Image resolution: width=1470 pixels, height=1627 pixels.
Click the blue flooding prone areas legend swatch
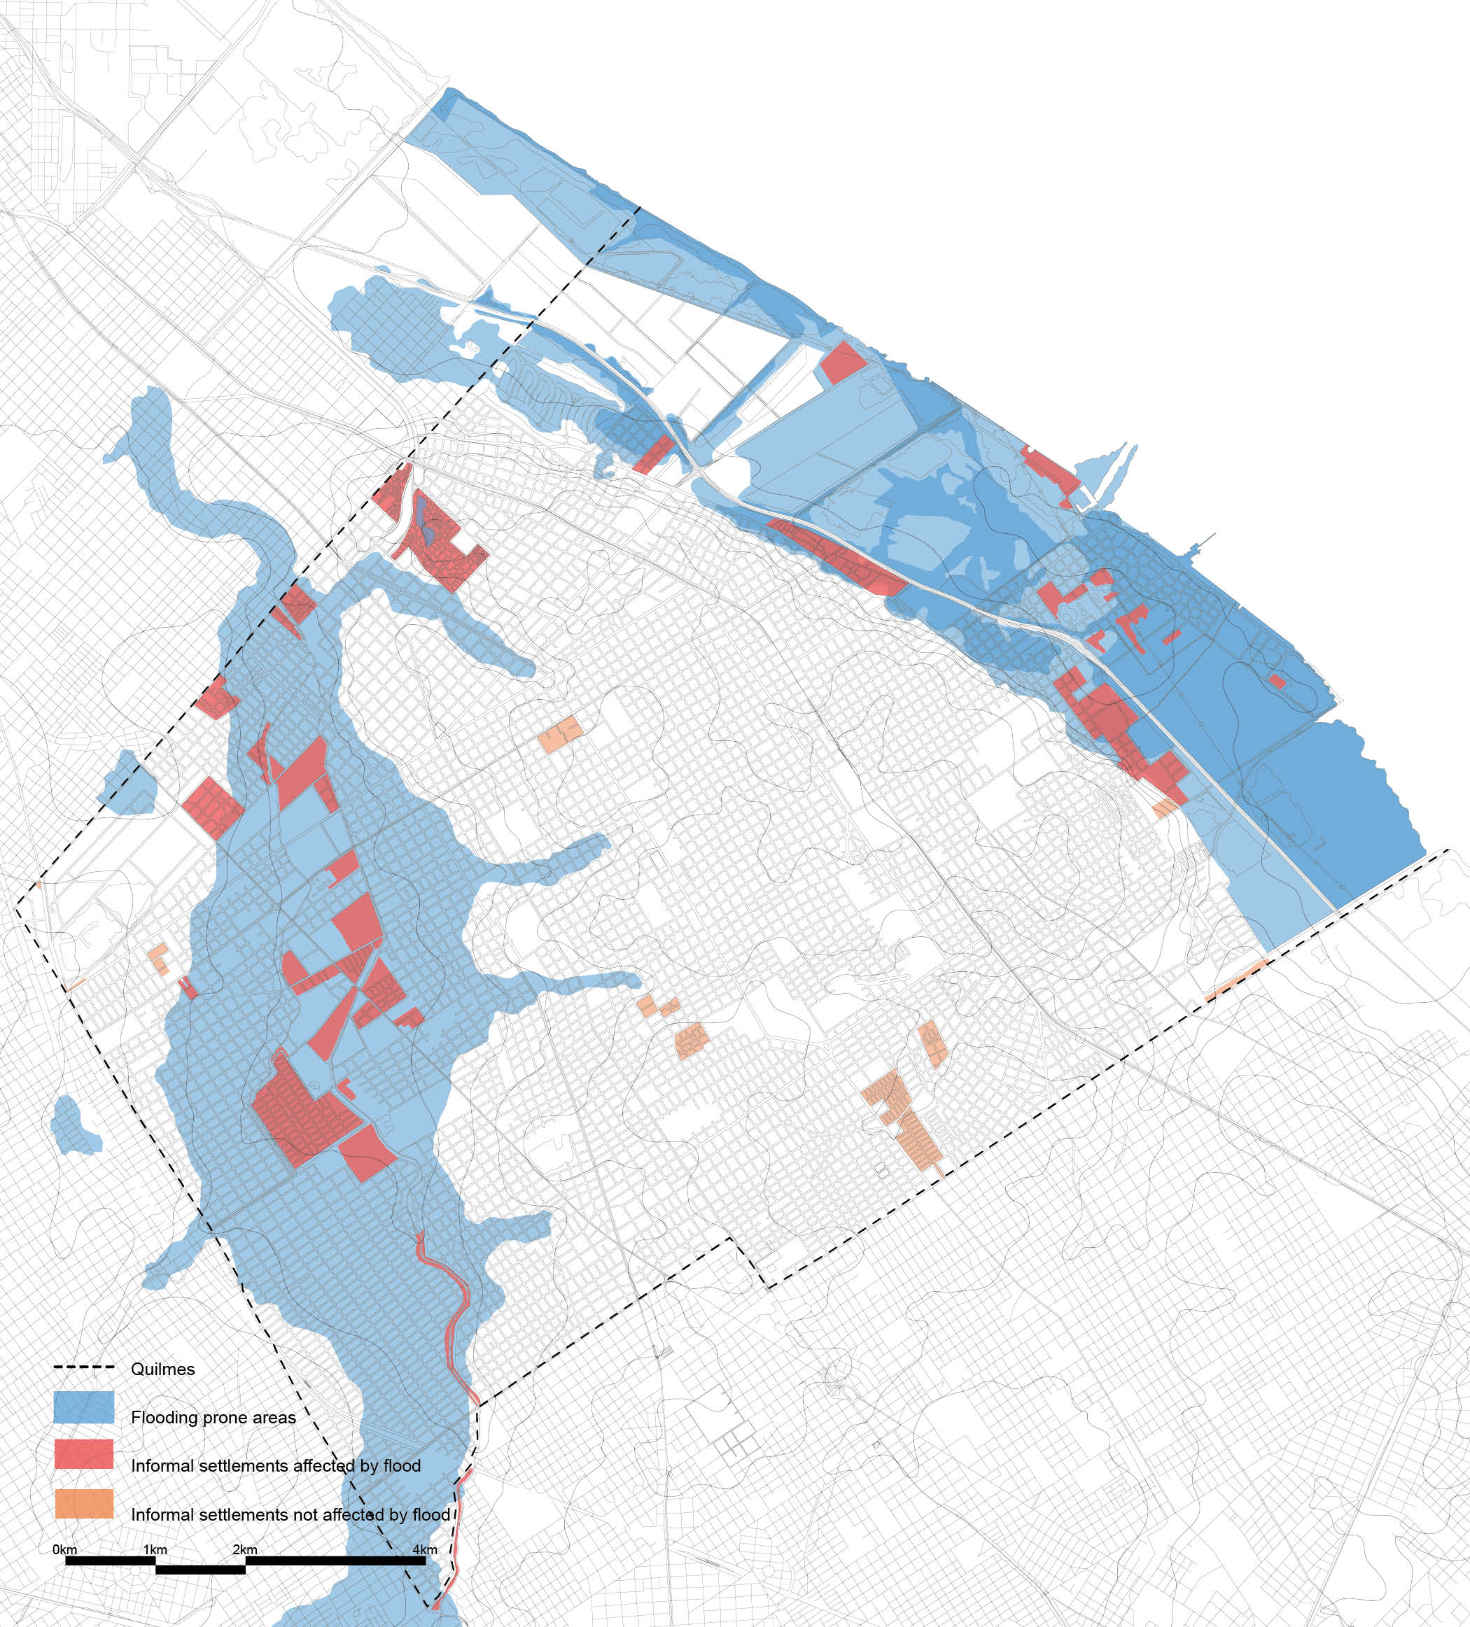(x=84, y=1407)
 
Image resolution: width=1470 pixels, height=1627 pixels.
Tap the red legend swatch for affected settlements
(x=84, y=1455)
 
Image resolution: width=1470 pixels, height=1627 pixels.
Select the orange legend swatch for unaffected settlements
(x=84, y=1505)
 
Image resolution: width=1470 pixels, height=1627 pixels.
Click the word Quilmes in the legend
(x=162, y=1369)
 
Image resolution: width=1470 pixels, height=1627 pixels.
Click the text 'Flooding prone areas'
(x=213, y=1418)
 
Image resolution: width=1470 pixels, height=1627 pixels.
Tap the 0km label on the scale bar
(x=64, y=1549)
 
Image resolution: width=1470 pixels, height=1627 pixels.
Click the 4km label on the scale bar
(x=425, y=1549)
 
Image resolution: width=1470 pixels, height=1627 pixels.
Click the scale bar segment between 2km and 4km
(x=335, y=1561)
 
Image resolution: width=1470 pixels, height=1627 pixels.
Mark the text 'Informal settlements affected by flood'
(x=275, y=1465)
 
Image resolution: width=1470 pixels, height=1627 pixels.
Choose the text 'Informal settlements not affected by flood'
(x=290, y=1515)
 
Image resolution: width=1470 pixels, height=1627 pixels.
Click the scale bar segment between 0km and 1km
(x=110, y=1561)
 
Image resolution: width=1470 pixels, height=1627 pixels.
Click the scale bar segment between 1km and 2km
(x=200, y=1570)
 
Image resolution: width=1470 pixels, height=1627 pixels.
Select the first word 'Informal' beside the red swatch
(x=164, y=1465)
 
